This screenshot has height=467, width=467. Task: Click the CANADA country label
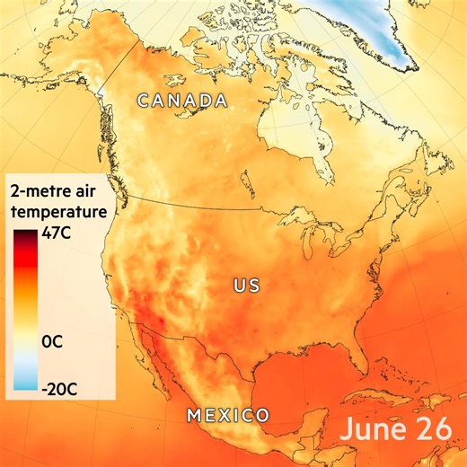coord(181,100)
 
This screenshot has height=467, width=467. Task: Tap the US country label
coord(246,286)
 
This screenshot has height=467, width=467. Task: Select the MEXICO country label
coord(228,415)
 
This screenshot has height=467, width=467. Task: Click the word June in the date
coord(372,428)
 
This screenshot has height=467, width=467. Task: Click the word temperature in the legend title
coord(57,211)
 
